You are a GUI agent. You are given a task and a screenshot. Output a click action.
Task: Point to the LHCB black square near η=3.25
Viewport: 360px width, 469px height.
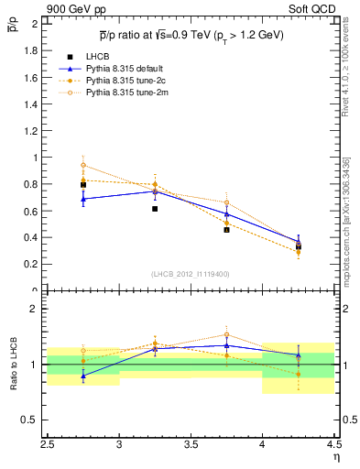click(x=155, y=209)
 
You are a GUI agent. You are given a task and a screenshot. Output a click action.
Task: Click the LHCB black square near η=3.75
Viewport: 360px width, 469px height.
click(x=226, y=230)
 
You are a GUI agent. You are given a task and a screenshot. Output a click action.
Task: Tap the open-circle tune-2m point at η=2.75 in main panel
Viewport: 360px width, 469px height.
click(x=83, y=166)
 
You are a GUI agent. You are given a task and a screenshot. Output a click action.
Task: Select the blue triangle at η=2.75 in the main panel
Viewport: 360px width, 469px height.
click(x=83, y=199)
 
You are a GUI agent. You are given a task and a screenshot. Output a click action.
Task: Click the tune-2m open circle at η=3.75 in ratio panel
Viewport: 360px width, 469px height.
click(x=226, y=335)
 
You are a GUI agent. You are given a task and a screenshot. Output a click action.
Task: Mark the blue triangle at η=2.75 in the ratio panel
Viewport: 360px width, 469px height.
click(x=83, y=376)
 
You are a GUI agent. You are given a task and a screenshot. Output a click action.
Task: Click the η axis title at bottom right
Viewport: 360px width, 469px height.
click(x=335, y=456)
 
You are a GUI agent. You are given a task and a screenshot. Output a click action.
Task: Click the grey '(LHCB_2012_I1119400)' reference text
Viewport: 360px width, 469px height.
click(x=191, y=275)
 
